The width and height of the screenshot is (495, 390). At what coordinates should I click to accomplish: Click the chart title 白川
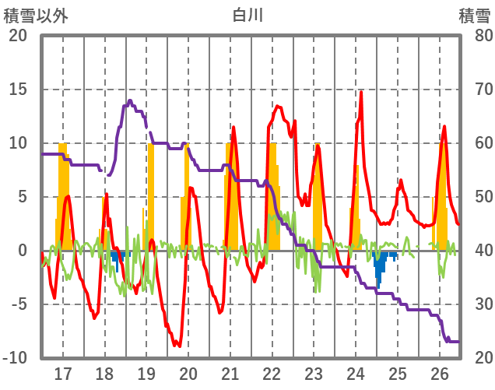pyautogui.click(x=248, y=15)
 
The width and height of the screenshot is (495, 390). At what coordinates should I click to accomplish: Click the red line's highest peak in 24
pyautogui.click(x=361, y=93)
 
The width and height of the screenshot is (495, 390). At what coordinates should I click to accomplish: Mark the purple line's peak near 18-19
pyautogui.click(x=130, y=100)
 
